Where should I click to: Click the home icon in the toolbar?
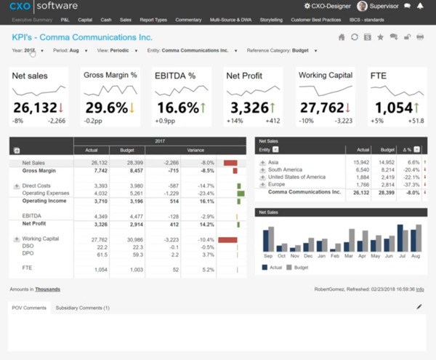pos(342,37)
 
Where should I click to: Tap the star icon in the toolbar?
pos(380,37)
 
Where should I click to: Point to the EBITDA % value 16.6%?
pos(177,108)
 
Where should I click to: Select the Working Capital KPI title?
pos(326,75)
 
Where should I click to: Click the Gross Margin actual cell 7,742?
pos(97,171)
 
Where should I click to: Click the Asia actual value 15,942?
pos(361,162)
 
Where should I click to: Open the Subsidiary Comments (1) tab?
pos(82,308)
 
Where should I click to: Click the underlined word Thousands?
pos(47,289)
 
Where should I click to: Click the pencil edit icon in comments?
pos(419,307)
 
